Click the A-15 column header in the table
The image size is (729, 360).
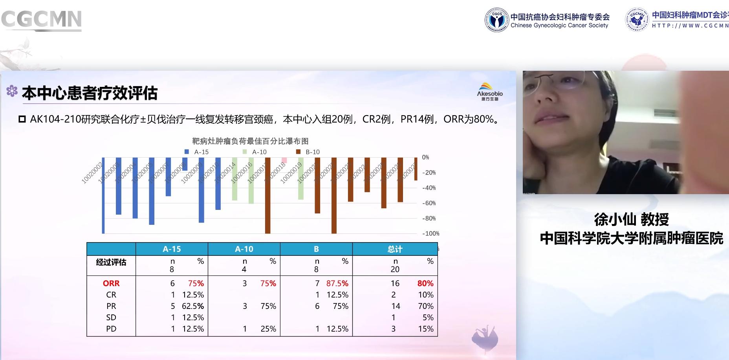click(172, 249)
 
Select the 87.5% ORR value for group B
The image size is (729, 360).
click(337, 283)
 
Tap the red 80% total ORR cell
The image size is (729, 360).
click(425, 283)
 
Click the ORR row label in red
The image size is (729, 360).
click(111, 283)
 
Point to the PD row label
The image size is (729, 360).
click(111, 329)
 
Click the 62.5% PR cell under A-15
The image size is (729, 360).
click(193, 306)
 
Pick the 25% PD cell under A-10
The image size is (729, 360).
click(268, 329)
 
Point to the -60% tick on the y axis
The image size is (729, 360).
click(429, 203)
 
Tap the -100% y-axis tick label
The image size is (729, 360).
click(430, 233)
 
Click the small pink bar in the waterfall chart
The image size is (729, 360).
click(284, 160)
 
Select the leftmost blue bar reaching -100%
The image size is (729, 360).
click(103, 197)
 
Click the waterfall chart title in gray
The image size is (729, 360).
click(250, 141)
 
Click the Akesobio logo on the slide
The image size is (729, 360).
click(490, 92)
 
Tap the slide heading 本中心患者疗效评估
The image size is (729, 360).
click(90, 93)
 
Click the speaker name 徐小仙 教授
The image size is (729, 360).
click(631, 219)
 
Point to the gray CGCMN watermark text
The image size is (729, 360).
click(41, 20)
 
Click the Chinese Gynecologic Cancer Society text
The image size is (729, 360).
click(559, 26)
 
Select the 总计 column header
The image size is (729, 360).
click(395, 249)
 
